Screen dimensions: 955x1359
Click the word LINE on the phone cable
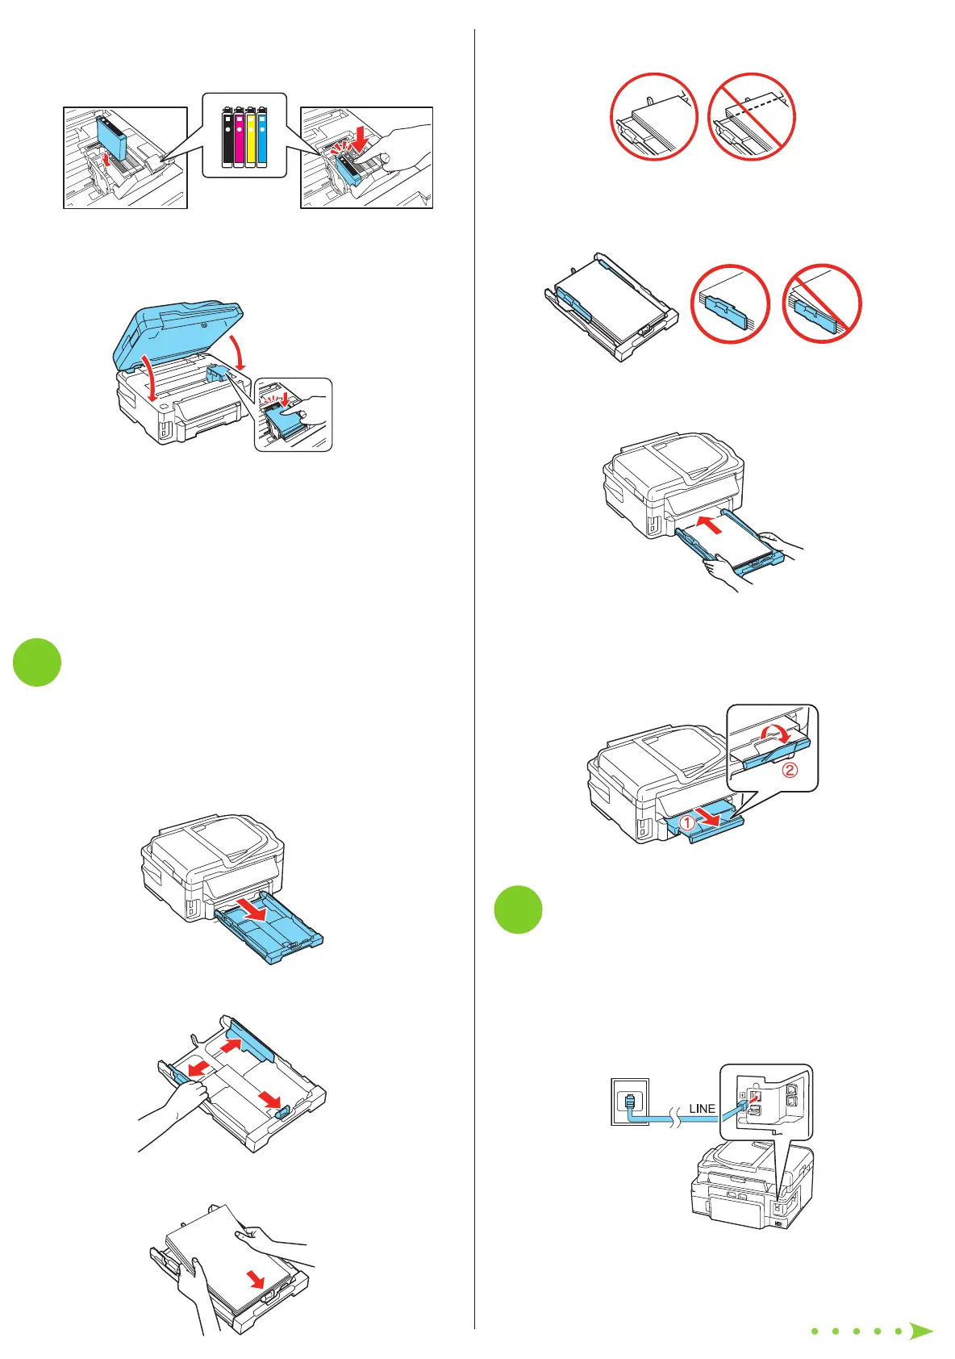[x=702, y=1109]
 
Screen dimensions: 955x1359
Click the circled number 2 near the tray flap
[x=790, y=770]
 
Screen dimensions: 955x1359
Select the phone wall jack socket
[x=629, y=1101]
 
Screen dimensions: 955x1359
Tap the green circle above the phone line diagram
[x=518, y=909]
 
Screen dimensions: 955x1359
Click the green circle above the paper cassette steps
[x=37, y=663]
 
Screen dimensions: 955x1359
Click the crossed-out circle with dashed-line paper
[x=752, y=117]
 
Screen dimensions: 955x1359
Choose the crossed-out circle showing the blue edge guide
[x=821, y=303]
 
